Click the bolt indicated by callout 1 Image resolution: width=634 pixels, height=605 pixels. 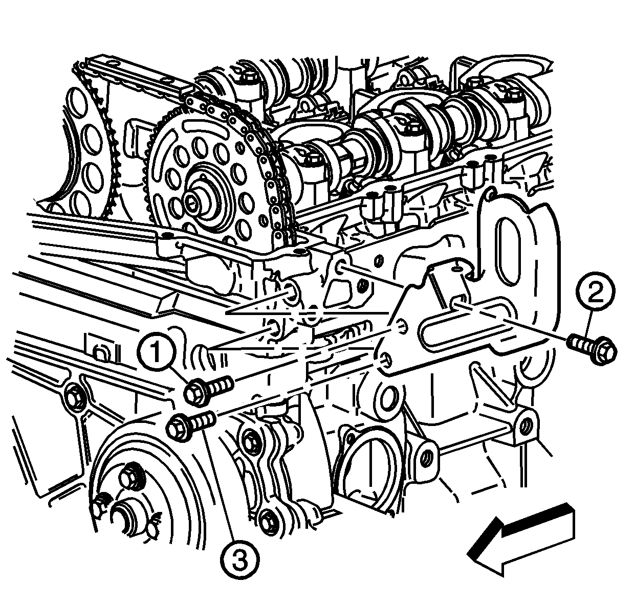tap(208, 390)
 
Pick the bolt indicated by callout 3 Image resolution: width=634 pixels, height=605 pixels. tap(190, 425)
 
